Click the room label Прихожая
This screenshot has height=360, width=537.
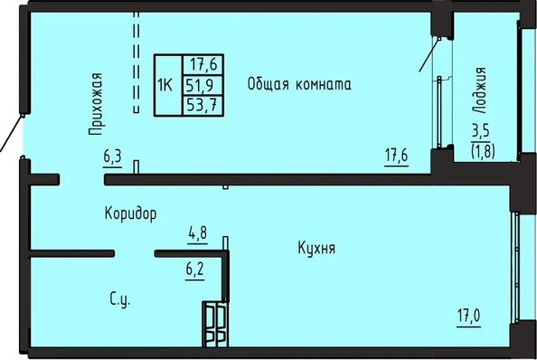[95, 104]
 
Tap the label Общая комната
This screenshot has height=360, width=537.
[299, 84]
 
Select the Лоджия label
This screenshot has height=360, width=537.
[479, 90]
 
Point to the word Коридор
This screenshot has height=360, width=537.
[130, 213]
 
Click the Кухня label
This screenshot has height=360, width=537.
[316, 248]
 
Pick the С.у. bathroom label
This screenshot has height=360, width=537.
[120, 299]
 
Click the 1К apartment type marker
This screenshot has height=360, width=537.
[165, 85]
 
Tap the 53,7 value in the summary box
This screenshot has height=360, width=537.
[203, 105]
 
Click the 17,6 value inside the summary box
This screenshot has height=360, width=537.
[203, 64]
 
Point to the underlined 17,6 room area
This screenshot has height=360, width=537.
[397, 156]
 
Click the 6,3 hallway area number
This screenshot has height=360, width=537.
[112, 157]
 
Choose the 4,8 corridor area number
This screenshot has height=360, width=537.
[198, 234]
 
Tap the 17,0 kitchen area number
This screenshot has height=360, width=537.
[468, 316]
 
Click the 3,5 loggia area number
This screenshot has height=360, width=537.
[481, 132]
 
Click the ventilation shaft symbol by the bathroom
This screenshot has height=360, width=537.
[215, 324]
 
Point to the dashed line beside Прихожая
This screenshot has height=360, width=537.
[137, 62]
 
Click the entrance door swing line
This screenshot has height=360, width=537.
[11, 134]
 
